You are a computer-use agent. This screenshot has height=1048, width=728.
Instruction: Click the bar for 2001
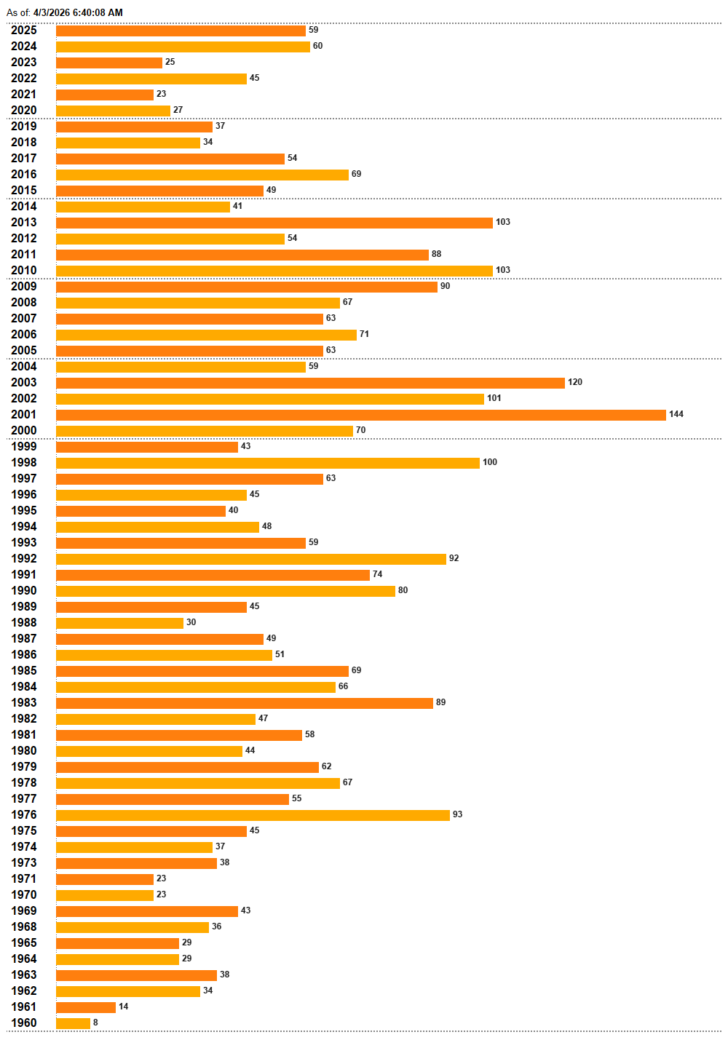click(360, 415)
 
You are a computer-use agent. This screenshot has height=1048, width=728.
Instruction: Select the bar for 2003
click(310, 383)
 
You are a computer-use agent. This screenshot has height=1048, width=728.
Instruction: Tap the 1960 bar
click(73, 1023)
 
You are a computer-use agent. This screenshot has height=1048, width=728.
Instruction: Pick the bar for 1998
click(268, 463)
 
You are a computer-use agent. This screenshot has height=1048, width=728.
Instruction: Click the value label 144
click(676, 414)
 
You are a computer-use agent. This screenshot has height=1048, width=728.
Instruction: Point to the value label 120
click(575, 382)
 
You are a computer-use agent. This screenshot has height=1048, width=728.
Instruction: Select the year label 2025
click(24, 30)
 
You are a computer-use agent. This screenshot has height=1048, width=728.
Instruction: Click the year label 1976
click(24, 814)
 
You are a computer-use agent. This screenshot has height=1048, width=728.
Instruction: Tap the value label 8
click(95, 1023)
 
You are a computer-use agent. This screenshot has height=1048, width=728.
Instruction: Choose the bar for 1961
click(86, 1007)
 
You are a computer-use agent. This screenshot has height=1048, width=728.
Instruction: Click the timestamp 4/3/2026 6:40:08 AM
click(78, 12)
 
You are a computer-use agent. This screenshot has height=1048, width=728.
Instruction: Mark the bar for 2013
click(274, 223)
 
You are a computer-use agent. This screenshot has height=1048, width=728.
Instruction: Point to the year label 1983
click(24, 702)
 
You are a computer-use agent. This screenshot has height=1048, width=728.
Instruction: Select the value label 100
click(490, 462)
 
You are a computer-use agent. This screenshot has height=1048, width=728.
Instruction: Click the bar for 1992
click(251, 559)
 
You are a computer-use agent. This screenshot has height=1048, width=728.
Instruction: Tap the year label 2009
click(24, 286)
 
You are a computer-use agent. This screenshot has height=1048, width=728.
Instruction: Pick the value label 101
click(494, 398)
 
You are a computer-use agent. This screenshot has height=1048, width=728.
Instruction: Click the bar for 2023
click(109, 63)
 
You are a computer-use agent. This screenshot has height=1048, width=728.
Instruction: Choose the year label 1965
click(24, 942)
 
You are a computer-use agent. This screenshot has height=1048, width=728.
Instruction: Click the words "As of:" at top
click(18, 12)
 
